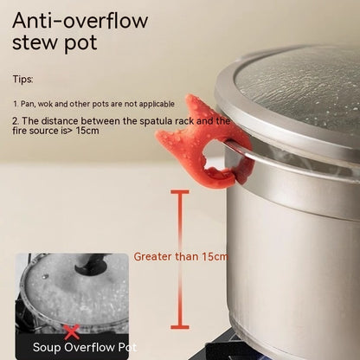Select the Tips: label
tap(22, 79)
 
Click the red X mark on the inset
tap(72, 331)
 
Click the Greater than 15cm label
tap(181, 256)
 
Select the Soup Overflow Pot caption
tap(85, 347)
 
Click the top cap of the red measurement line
tap(179, 193)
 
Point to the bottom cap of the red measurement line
tap(179, 327)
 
